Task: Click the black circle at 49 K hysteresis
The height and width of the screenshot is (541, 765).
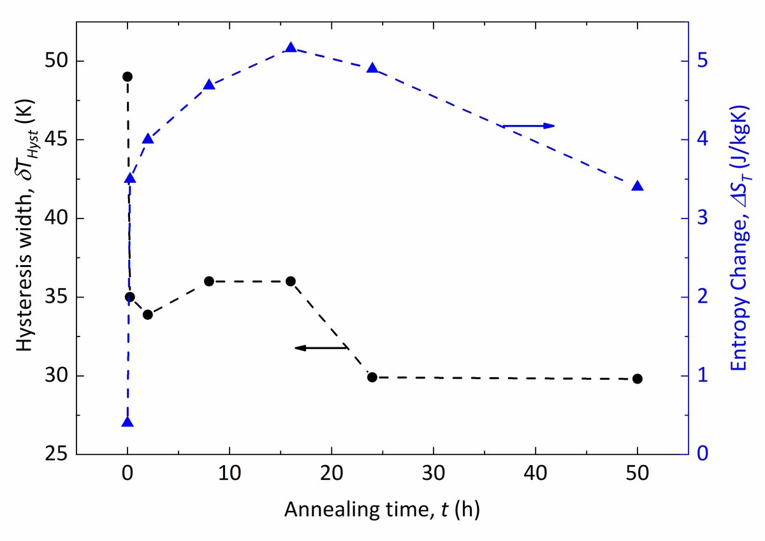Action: coord(127,76)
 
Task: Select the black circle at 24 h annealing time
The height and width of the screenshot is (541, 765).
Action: coord(372,377)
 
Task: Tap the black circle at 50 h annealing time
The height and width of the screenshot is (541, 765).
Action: coord(637,379)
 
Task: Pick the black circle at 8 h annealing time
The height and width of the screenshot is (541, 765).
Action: coord(209,281)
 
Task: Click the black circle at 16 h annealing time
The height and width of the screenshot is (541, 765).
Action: coord(291,281)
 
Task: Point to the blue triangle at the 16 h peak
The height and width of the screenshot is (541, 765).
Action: coord(291,48)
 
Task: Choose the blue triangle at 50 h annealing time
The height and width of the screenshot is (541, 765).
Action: coord(637,186)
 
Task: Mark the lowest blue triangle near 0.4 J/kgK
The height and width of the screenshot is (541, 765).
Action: coord(127,422)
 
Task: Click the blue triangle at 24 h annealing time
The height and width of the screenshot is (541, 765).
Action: coord(372,68)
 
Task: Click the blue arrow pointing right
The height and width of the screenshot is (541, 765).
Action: coord(529,126)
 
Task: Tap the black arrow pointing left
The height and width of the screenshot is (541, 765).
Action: coord(321,347)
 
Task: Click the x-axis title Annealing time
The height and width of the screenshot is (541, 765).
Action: coord(382,510)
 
